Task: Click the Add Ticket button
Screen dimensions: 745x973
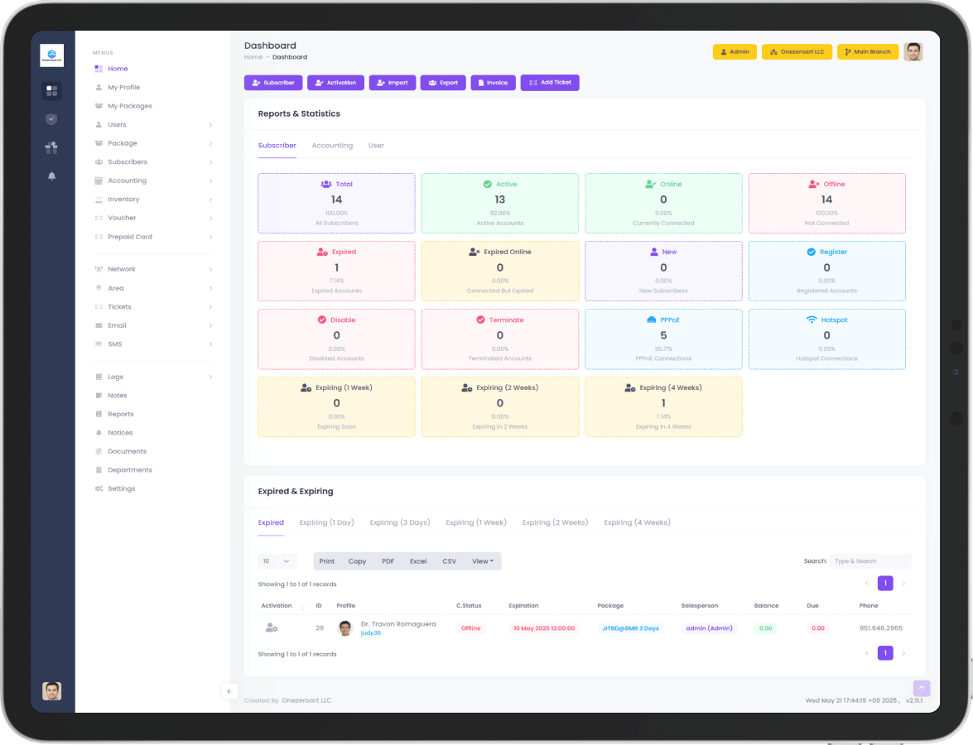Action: [x=550, y=83]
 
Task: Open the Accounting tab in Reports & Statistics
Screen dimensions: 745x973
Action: [x=332, y=146]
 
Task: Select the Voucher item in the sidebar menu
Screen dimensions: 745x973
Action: [x=122, y=218]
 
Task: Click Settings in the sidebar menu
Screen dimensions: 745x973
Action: [x=121, y=488]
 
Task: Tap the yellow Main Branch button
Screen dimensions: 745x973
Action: [x=867, y=52]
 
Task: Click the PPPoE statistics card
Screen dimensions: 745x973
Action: [x=663, y=339]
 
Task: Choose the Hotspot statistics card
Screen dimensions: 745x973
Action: [x=826, y=339]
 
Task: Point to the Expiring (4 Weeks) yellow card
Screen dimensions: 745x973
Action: [x=663, y=406]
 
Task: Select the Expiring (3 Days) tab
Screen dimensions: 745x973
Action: [x=400, y=522]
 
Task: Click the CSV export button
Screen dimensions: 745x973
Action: [x=449, y=561]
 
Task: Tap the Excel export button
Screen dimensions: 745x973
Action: [x=418, y=561]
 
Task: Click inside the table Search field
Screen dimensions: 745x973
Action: [x=869, y=561]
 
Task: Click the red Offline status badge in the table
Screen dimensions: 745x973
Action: [x=471, y=628]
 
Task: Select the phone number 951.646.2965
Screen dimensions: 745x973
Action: [x=880, y=628]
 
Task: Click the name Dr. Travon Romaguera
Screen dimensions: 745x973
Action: [x=398, y=624]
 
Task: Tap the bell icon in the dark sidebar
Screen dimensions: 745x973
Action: [x=51, y=176]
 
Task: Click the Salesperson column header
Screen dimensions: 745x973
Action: [x=699, y=606]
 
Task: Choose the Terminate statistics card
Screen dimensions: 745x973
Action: [x=500, y=339]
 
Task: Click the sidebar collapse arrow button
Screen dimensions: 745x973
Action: [x=229, y=691]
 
